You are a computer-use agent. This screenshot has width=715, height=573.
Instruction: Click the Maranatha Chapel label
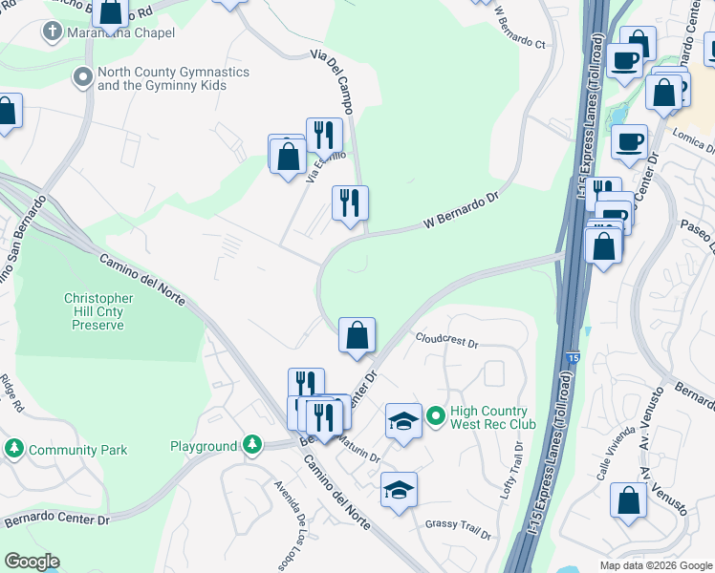click(x=119, y=33)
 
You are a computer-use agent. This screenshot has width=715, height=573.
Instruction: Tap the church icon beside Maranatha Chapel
click(x=50, y=32)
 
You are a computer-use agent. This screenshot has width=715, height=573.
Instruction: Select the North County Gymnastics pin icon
click(x=82, y=75)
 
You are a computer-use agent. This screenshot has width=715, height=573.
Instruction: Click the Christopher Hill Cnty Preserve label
click(x=98, y=311)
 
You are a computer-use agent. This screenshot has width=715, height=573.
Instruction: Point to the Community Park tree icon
click(x=14, y=448)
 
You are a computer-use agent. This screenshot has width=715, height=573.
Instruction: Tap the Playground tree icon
click(x=250, y=444)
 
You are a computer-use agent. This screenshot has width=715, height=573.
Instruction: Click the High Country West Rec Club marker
click(x=436, y=416)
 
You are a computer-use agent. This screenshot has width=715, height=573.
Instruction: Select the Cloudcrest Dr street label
click(x=446, y=340)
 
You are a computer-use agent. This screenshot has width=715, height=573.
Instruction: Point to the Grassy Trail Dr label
click(x=458, y=527)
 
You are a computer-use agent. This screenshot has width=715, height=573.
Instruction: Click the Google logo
click(x=32, y=562)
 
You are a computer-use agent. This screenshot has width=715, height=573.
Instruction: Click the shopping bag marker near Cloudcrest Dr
click(x=357, y=335)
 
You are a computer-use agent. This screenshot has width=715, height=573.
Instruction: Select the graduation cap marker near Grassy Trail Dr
click(x=399, y=490)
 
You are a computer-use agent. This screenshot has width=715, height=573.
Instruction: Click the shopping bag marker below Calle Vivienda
click(x=628, y=502)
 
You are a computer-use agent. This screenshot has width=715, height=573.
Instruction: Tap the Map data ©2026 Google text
click(x=655, y=565)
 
